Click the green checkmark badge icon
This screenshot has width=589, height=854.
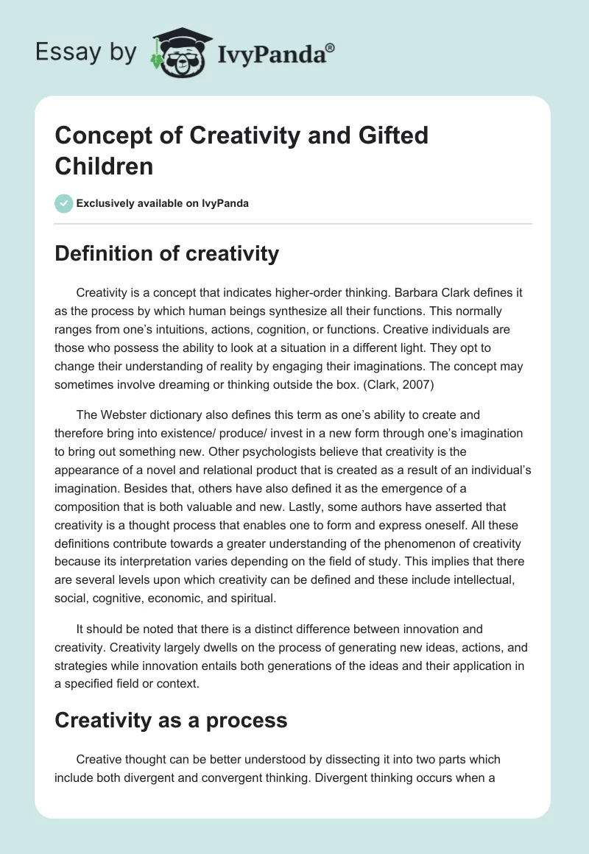pos(64,203)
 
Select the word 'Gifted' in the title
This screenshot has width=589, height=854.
pos(389,136)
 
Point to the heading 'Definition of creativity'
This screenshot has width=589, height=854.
pos(167,254)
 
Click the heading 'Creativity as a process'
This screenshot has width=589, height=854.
pos(171,721)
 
